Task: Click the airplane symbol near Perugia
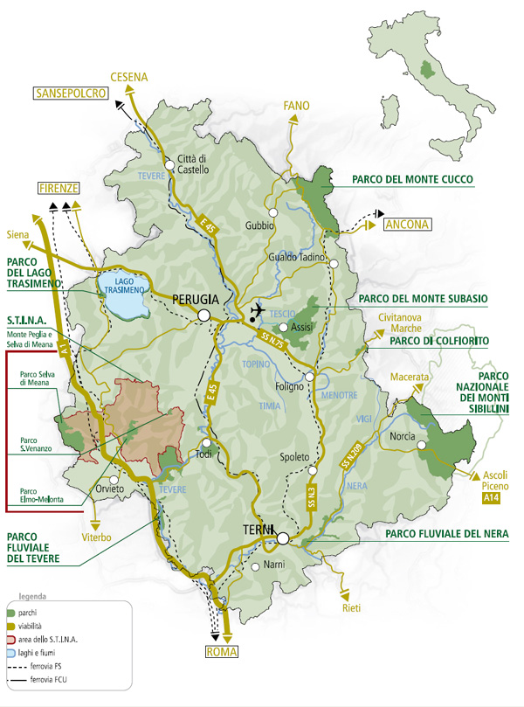click(257, 310)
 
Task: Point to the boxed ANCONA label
click(408, 225)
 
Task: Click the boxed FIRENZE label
click(59, 189)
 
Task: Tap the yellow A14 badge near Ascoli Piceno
click(493, 498)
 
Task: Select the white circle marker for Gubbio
click(273, 212)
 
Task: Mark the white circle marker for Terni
click(282, 538)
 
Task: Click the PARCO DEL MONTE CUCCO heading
click(412, 180)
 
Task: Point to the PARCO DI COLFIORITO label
click(438, 340)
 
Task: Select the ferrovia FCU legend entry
click(44, 678)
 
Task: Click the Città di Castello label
click(194, 164)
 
